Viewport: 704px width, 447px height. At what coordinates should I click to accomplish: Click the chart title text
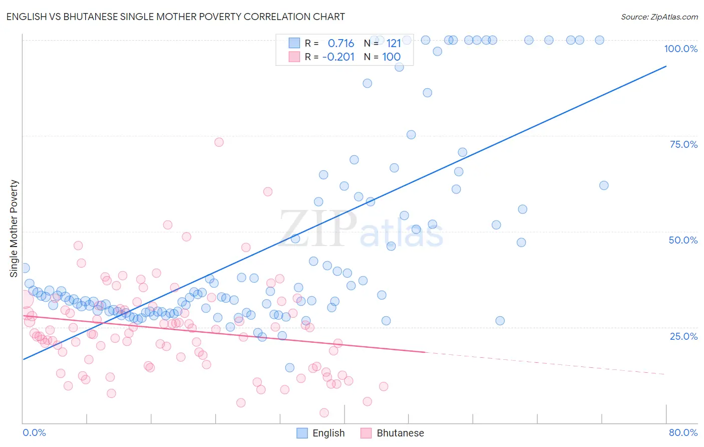[175, 17]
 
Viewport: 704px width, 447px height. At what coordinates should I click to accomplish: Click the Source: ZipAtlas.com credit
[659, 17]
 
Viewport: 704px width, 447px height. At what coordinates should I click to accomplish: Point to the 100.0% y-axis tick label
[680, 49]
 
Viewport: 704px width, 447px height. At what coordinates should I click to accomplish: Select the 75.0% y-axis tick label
[683, 144]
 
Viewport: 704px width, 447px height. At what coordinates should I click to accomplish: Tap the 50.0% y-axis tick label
[683, 240]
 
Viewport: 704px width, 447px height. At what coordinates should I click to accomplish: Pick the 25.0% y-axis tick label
[683, 336]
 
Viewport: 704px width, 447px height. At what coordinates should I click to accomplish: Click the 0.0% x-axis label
[34, 432]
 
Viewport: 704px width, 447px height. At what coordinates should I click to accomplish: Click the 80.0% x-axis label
[683, 432]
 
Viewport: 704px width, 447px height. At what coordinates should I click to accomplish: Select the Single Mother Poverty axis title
[14, 229]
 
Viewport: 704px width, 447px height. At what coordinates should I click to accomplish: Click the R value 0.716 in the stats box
[340, 44]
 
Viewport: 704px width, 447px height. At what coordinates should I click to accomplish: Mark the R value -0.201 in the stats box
[338, 57]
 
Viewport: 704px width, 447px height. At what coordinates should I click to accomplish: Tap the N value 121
[394, 44]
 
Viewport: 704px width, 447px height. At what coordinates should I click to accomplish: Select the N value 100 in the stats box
[391, 57]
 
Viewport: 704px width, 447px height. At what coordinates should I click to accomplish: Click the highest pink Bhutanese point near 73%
[219, 142]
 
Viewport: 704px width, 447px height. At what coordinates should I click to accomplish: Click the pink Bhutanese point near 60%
[268, 191]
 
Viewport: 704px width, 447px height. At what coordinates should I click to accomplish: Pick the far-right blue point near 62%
[604, 185]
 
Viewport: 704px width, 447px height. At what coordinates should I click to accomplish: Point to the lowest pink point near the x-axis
[324, 413]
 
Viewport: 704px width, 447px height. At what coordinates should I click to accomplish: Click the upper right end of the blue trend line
[666, 66]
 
